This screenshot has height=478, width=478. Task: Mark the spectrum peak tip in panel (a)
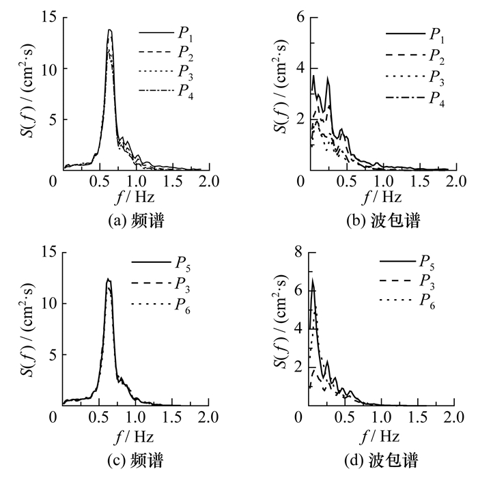point(109,29)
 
